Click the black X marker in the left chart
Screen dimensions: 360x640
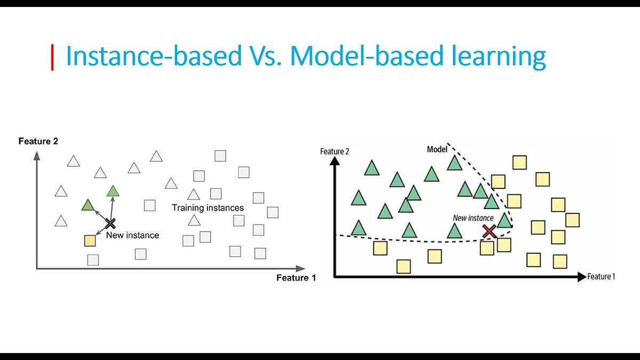click(x=110, y=223)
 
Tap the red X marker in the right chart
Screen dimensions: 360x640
click(x=489, y=231)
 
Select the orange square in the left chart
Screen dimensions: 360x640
click(x=90, y=241)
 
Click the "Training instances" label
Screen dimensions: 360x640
click(x=207, y=208)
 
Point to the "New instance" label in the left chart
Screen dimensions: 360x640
click(x=132, y=235)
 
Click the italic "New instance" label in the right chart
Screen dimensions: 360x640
click(x=474, y=218)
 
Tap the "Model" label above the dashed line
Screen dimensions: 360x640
click(x=437, y=149)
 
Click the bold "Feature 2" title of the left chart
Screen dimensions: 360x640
click(x=38, y=141)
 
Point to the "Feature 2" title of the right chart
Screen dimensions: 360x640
click(x=334, y=151)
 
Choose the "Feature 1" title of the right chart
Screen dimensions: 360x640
click(x=601, y=277)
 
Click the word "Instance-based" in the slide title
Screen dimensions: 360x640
click(x=153, y=57)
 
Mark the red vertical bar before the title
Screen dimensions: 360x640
click(x=52, y=58)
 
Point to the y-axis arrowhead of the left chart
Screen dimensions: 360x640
click(x=36, y=155)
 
